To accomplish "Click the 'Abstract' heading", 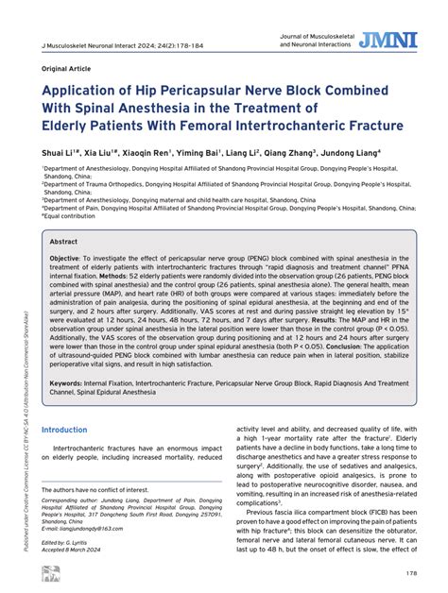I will [x=63, y=242].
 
